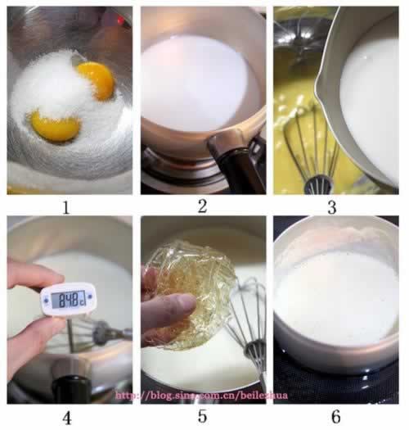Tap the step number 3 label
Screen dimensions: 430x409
click(331, 206)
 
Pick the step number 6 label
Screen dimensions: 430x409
click(333, 418)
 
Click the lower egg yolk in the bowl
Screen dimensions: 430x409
click(54, 126)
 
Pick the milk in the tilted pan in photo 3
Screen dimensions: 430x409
click(372, 98)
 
